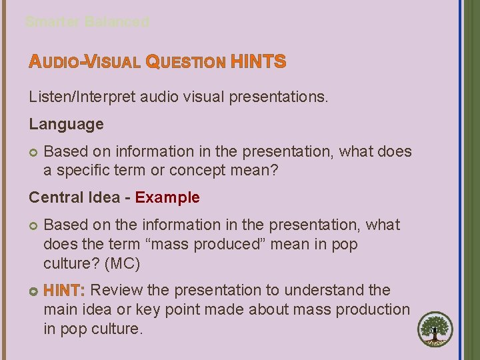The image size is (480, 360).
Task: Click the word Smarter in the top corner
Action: coord(53,22)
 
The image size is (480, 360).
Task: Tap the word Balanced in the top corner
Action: coord(117,22)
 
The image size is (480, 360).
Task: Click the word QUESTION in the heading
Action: coord(185,63)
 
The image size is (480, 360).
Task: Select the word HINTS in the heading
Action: coord(258,63)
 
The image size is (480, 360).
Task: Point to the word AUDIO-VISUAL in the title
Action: coord(85,63)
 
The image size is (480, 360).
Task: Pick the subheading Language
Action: coord(66,124)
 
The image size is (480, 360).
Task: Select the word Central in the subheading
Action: coord(55,197)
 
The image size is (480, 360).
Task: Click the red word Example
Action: coord(167,197)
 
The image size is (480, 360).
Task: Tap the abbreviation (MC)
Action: coord(117,264)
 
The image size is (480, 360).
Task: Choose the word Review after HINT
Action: coord(111,291)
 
